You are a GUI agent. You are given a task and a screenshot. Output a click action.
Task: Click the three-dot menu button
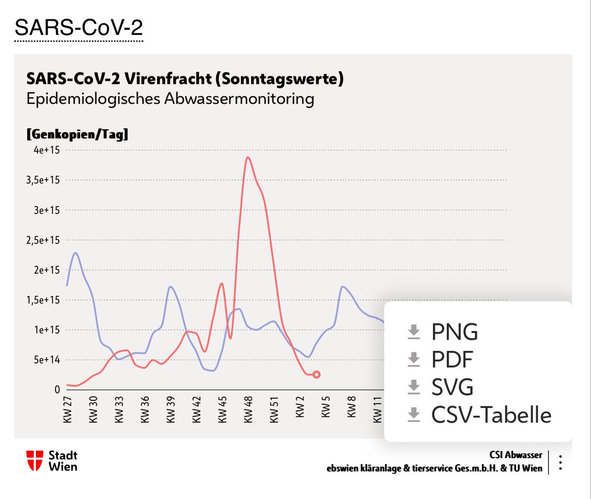(x=560, y=463)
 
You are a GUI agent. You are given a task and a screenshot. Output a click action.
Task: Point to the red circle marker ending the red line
(x=317, y=375)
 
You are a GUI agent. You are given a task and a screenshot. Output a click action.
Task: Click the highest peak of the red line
(x=248, y=157)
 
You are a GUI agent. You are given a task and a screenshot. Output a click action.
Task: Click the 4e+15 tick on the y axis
(x=46, y=150)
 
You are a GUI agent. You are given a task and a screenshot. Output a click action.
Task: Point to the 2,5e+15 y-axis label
(x=43, y=240)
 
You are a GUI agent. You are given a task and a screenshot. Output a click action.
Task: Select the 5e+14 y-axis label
(x=46, y=360)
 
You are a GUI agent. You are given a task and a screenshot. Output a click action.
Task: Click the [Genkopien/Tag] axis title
(x=77, y=134)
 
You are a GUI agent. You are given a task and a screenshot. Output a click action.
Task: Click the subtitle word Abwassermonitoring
(x=239, y=99)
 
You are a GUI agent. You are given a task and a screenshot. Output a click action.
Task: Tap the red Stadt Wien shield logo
(x=34, y=461)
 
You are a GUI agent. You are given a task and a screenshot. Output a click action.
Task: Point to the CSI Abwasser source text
(x=515, y=455)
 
